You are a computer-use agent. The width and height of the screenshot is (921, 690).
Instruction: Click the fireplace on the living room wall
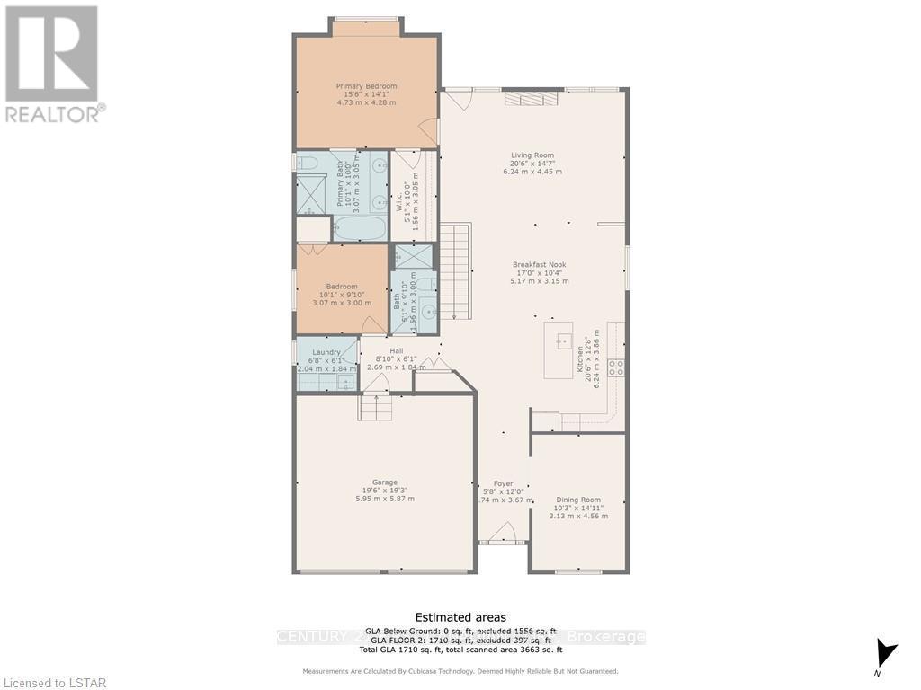pos(525,99)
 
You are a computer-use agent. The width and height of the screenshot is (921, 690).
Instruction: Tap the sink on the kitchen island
pos(564,341)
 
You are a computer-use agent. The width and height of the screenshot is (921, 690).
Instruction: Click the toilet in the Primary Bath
pos(307,163)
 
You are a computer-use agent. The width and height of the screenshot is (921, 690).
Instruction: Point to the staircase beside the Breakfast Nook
pos(455,270)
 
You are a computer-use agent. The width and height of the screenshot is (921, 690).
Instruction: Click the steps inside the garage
pos(376,408)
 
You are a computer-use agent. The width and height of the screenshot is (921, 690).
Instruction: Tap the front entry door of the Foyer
pos(502,536)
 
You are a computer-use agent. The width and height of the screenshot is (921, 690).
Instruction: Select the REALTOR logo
pos(52,63)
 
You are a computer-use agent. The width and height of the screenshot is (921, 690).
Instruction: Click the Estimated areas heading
pos(460,617)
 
